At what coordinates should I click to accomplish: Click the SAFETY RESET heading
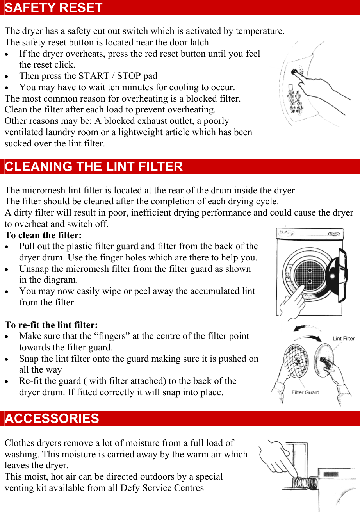(x=53, y=8)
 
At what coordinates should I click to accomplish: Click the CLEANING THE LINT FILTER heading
(x=94, y=167)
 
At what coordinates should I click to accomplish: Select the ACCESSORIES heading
(x=52, y=419)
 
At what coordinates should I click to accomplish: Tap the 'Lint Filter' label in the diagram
(x=344, y=339)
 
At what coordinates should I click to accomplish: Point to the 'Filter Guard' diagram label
(x=305, y=392)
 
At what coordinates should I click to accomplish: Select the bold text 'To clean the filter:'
(x=43, y=235)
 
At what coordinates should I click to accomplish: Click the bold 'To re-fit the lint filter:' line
(x=51, y=325)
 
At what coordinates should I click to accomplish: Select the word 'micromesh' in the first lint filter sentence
(x=44, y=191)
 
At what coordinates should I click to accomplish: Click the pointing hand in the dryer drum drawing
(x=292, y=300)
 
